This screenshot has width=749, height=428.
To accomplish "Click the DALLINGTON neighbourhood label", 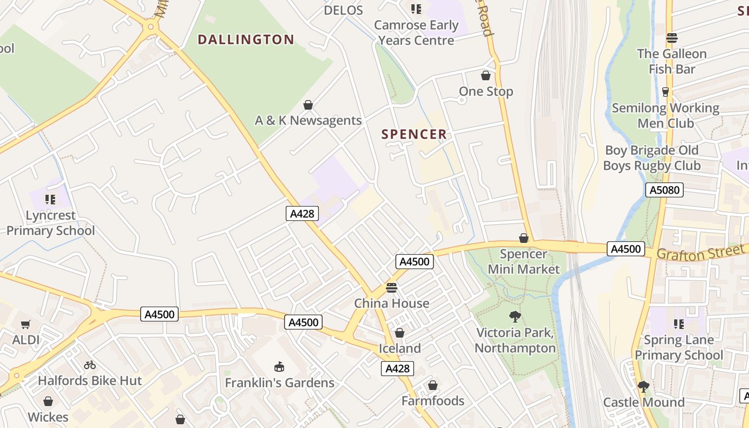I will [x=246, y=40].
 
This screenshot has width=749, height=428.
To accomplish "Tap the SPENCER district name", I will [x=414, y=134].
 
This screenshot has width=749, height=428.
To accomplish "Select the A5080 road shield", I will [x=664, y=190].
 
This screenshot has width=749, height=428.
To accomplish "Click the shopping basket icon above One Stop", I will [x=486, y=76].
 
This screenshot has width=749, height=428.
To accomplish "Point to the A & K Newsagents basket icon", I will [x=308, y=105].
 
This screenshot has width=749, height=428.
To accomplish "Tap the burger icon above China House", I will [x=392, y=288].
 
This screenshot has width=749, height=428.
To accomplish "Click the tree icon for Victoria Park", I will [x=515, y=317].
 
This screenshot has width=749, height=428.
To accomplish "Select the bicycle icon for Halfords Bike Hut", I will [x=90, y=365].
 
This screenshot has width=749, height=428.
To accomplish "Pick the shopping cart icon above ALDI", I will [x=26, y=324].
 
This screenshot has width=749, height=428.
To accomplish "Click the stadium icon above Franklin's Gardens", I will [x=279, y=367].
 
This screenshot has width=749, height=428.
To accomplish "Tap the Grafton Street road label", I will [x=701, y=253].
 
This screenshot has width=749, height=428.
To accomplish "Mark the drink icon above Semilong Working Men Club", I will [x=666, y=92].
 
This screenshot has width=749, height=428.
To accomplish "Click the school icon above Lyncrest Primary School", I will [x=50, y=200].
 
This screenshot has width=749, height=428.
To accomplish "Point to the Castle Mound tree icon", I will [x=644, y=387].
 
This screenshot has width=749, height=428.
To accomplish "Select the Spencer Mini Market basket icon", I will [x=524, y=238].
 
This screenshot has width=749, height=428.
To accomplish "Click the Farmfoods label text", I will [x=433, y=401].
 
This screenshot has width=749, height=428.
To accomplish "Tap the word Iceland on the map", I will [x=400, y=348].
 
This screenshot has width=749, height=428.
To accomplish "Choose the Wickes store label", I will [x=48, y=417].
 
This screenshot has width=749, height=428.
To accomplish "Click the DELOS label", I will [x=343, y=10].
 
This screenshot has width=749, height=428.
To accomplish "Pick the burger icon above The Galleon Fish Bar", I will [x=672, y=38].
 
